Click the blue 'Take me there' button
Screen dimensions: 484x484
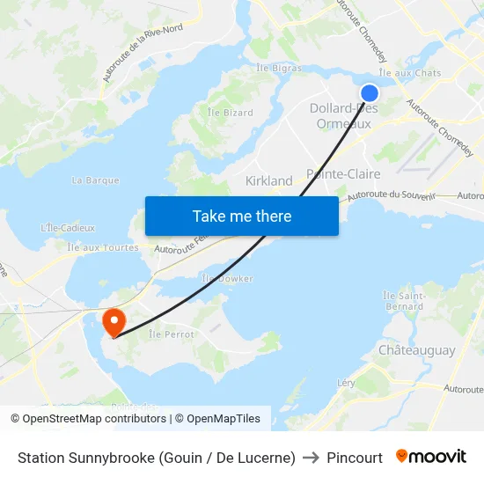pyautogui.click(x=241, y=216)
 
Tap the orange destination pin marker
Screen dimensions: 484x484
pyautogui.click(x=114, y=321)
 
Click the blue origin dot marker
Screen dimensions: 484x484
pyautogui.click(x=370, y=93)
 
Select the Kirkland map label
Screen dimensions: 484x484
pyautogui.click(x=268, y=181)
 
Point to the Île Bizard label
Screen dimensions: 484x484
pyautogui.click(x=230, y=113)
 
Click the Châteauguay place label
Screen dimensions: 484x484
pyautogui.click(x=416, y=350)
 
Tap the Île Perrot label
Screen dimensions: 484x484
pyautogui.click(x=171, y=334)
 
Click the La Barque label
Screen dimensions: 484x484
pyautogui.click(x=95, y=180)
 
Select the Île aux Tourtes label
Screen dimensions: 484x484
pyautogui.click(x=102, y=248)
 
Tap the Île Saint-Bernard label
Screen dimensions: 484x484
pyautogui.click(x=405, y=301)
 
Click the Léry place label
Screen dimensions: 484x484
pyautogui.click(x=346, y=383)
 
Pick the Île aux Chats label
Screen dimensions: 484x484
pyautogui.click(x=409, y=73)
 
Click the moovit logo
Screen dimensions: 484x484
pyautogui.click(x=431, y=457)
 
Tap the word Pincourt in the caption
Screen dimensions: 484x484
pyautogui.click(x=355, y=458)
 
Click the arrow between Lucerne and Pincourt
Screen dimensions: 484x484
pyautogui.click(x=311, y=458)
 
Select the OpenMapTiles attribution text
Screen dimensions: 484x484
pyautogui.click(x=217, y=419)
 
